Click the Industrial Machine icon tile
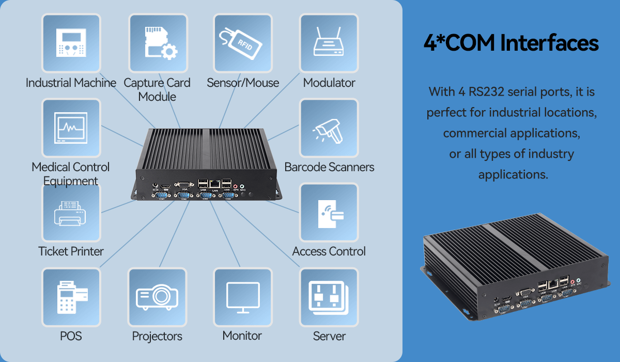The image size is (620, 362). [71, 43]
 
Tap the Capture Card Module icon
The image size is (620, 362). [158, 43]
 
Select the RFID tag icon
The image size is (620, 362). [243, 43]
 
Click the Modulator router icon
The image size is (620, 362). [329, 43]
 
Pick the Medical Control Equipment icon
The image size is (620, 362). [71, 128]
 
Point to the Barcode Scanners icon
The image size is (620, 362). [329, 128]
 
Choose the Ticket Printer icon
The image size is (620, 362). [71, 212]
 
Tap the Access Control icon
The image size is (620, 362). [329, 212]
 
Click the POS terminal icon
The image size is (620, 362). [71, 297]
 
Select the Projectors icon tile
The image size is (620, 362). [158, 297]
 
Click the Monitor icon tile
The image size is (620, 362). [243, 297]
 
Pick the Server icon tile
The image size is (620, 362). [329, 297]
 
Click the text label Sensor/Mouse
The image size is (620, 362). [243, 83]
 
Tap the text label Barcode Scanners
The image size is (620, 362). [329, 167]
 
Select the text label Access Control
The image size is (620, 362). [329, 251]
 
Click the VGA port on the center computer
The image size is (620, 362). [182, 184]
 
